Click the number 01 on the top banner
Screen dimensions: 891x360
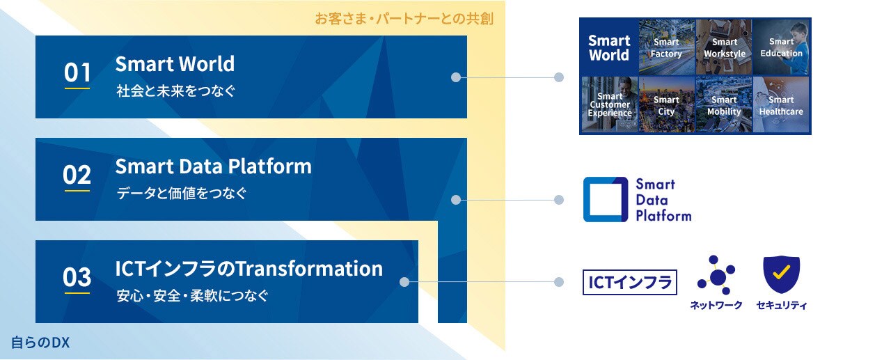pyautogui.click(x=77, y=72)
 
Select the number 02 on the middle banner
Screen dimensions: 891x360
pyautogui.click(x=77, y=175)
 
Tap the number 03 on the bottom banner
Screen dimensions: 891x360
pyautogui.click(x=77, y=277)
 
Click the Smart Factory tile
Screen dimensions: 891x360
pyautogui.click(x=667, y=47)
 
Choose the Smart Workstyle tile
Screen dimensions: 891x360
pyautogui.click(x=724, y=47)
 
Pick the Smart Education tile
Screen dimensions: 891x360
pyautogui.click(x=781, y=47)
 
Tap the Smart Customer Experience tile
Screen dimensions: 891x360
pyautogui.click(x=609, y=104)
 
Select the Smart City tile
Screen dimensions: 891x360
pyautogui.click(x=667, y=104)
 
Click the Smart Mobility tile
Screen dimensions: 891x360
pyautogui.click(x=724, y=104)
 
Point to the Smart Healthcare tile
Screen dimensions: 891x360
pyautogui.click(x=781, y=104)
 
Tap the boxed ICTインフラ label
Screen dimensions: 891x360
pyautogui.click(x=630, y=283)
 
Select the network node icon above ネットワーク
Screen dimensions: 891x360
pyautogui.click(x=716, y=275)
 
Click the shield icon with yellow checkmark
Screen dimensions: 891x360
pyautogui.click(x=781, y=274)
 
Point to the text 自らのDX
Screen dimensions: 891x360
pyautogui.click(x=40, y=343)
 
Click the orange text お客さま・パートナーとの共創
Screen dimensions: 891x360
pyautogui.click(x=404, y=19)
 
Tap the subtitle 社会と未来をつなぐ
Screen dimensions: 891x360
pyautogui.click(x=175, y=91)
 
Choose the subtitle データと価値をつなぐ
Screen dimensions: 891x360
pyautogui.click(x=182, y=194)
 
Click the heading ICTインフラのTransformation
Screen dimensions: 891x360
pyautogui.click(x=249, y=269)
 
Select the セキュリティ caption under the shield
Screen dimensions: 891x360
pyautogui.click(x=782, y=305)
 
